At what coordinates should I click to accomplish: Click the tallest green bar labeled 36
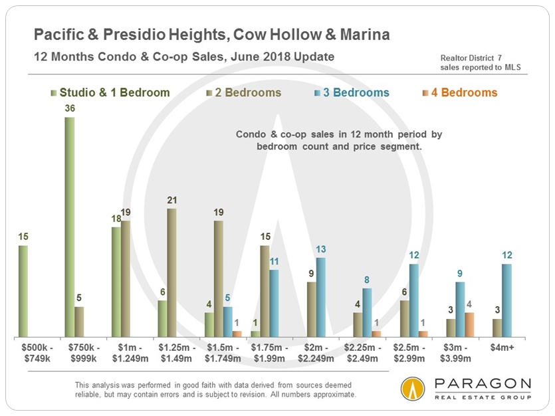pyautogui.click(x=70, y=227)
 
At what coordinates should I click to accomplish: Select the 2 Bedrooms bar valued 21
pyautogui.click(x=171, y=272)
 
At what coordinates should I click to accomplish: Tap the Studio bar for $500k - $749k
pyautogui.click(x=23, y=291)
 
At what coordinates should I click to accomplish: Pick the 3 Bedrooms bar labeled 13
pyautogui.click(x=321, y=297)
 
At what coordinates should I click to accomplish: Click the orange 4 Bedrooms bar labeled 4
pyautogui.click(x=469, y=324)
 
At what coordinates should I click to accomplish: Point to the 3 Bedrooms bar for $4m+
pyautogui.click(x=507, y=300)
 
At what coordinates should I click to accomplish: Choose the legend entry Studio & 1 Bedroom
pyautogui.click(x=110, y=92)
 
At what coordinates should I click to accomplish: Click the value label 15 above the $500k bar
pyautogui.click(x=23, y=236)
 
